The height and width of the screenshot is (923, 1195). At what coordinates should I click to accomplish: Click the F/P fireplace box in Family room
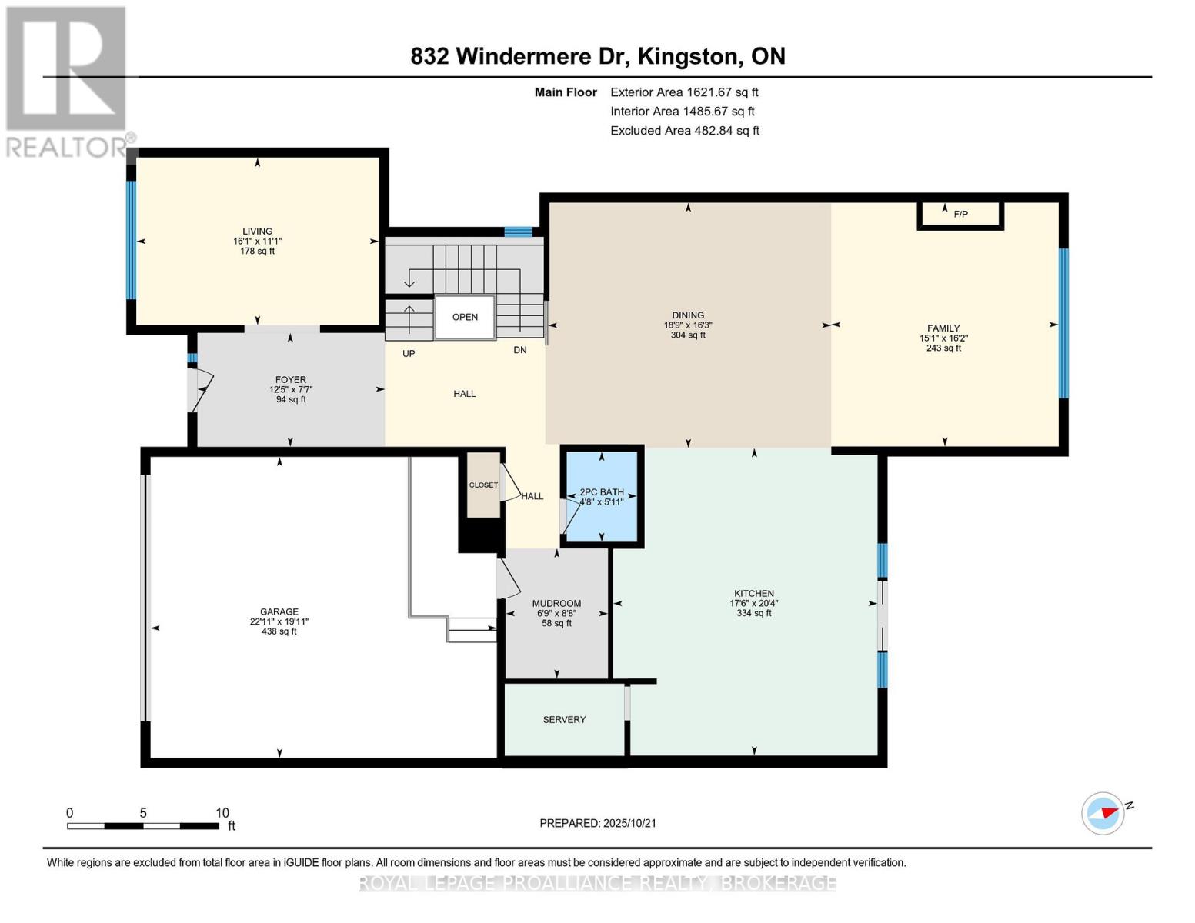pos(960,215)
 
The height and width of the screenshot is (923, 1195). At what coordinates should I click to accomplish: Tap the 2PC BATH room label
pos(602,492)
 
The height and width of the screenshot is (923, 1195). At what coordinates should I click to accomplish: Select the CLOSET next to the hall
pos(483,485)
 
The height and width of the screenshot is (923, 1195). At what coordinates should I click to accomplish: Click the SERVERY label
pos(564,720)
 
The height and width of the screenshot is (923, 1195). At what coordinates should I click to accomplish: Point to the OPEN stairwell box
pos(465,317)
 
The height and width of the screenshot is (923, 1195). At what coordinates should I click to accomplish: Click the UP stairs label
pos(409,354)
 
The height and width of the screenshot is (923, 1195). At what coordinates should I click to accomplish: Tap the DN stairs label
pos(520,350)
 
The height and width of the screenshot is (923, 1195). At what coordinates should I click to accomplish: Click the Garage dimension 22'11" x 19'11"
pos(279,621)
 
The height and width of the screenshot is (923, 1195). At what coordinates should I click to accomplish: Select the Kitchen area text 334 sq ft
pos(753,613)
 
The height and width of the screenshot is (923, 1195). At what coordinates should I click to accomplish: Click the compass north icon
pos(1103,813)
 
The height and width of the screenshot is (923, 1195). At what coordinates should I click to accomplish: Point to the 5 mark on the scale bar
pos(143,813)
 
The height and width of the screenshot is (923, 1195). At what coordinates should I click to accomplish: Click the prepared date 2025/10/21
pos(597,823)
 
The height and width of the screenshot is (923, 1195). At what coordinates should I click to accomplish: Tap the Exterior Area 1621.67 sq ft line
pos(683,92)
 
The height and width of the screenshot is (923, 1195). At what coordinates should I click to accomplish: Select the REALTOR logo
pos(67,81)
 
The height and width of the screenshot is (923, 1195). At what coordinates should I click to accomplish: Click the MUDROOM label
pos(556,604)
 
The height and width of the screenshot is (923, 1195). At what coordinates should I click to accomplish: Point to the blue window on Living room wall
pos(131,240)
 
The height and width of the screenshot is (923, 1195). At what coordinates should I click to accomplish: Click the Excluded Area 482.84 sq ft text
pos(684,131)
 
